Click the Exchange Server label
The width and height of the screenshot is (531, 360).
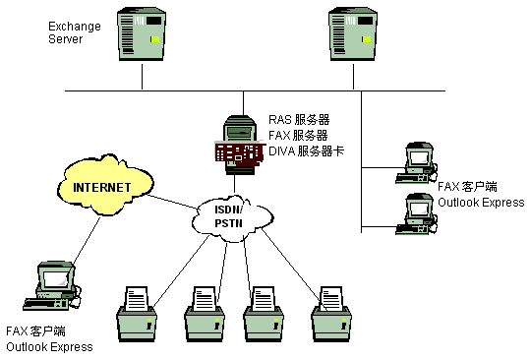click(x=75, y=32)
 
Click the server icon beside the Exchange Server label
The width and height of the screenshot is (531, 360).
click(x=142, y=34)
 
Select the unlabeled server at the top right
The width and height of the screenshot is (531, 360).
click(x=353, y=34)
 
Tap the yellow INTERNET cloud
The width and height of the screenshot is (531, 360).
click(x=105, y=186)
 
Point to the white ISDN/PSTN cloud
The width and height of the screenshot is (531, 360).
click(x=232, y=217)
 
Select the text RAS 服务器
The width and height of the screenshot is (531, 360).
click(x=299, y=120)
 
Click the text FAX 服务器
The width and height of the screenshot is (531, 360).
click(x=298, y=136)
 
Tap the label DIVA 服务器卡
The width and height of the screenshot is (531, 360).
click(x=306, y=151)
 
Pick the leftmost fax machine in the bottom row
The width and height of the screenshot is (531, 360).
click(x=137, y=314)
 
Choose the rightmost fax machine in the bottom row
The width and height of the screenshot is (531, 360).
click(x=331, y=314)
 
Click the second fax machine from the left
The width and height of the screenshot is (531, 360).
click(x=205, y=314)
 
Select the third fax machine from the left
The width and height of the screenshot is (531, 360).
click(x=264, y=314)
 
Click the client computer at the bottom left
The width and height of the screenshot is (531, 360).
click(x=53, y=286)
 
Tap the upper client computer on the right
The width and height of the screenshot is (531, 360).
click(x=417, y=163)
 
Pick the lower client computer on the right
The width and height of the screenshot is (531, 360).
click(x=417, y=214)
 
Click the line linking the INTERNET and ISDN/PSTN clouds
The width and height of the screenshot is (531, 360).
click(x=173, y=202)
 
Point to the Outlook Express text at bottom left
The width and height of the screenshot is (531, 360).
click(x=49, y=347)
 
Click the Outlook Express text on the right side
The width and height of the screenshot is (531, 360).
click(x=481, y=203)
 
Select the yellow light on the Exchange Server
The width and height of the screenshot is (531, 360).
click(x=155, y=39)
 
